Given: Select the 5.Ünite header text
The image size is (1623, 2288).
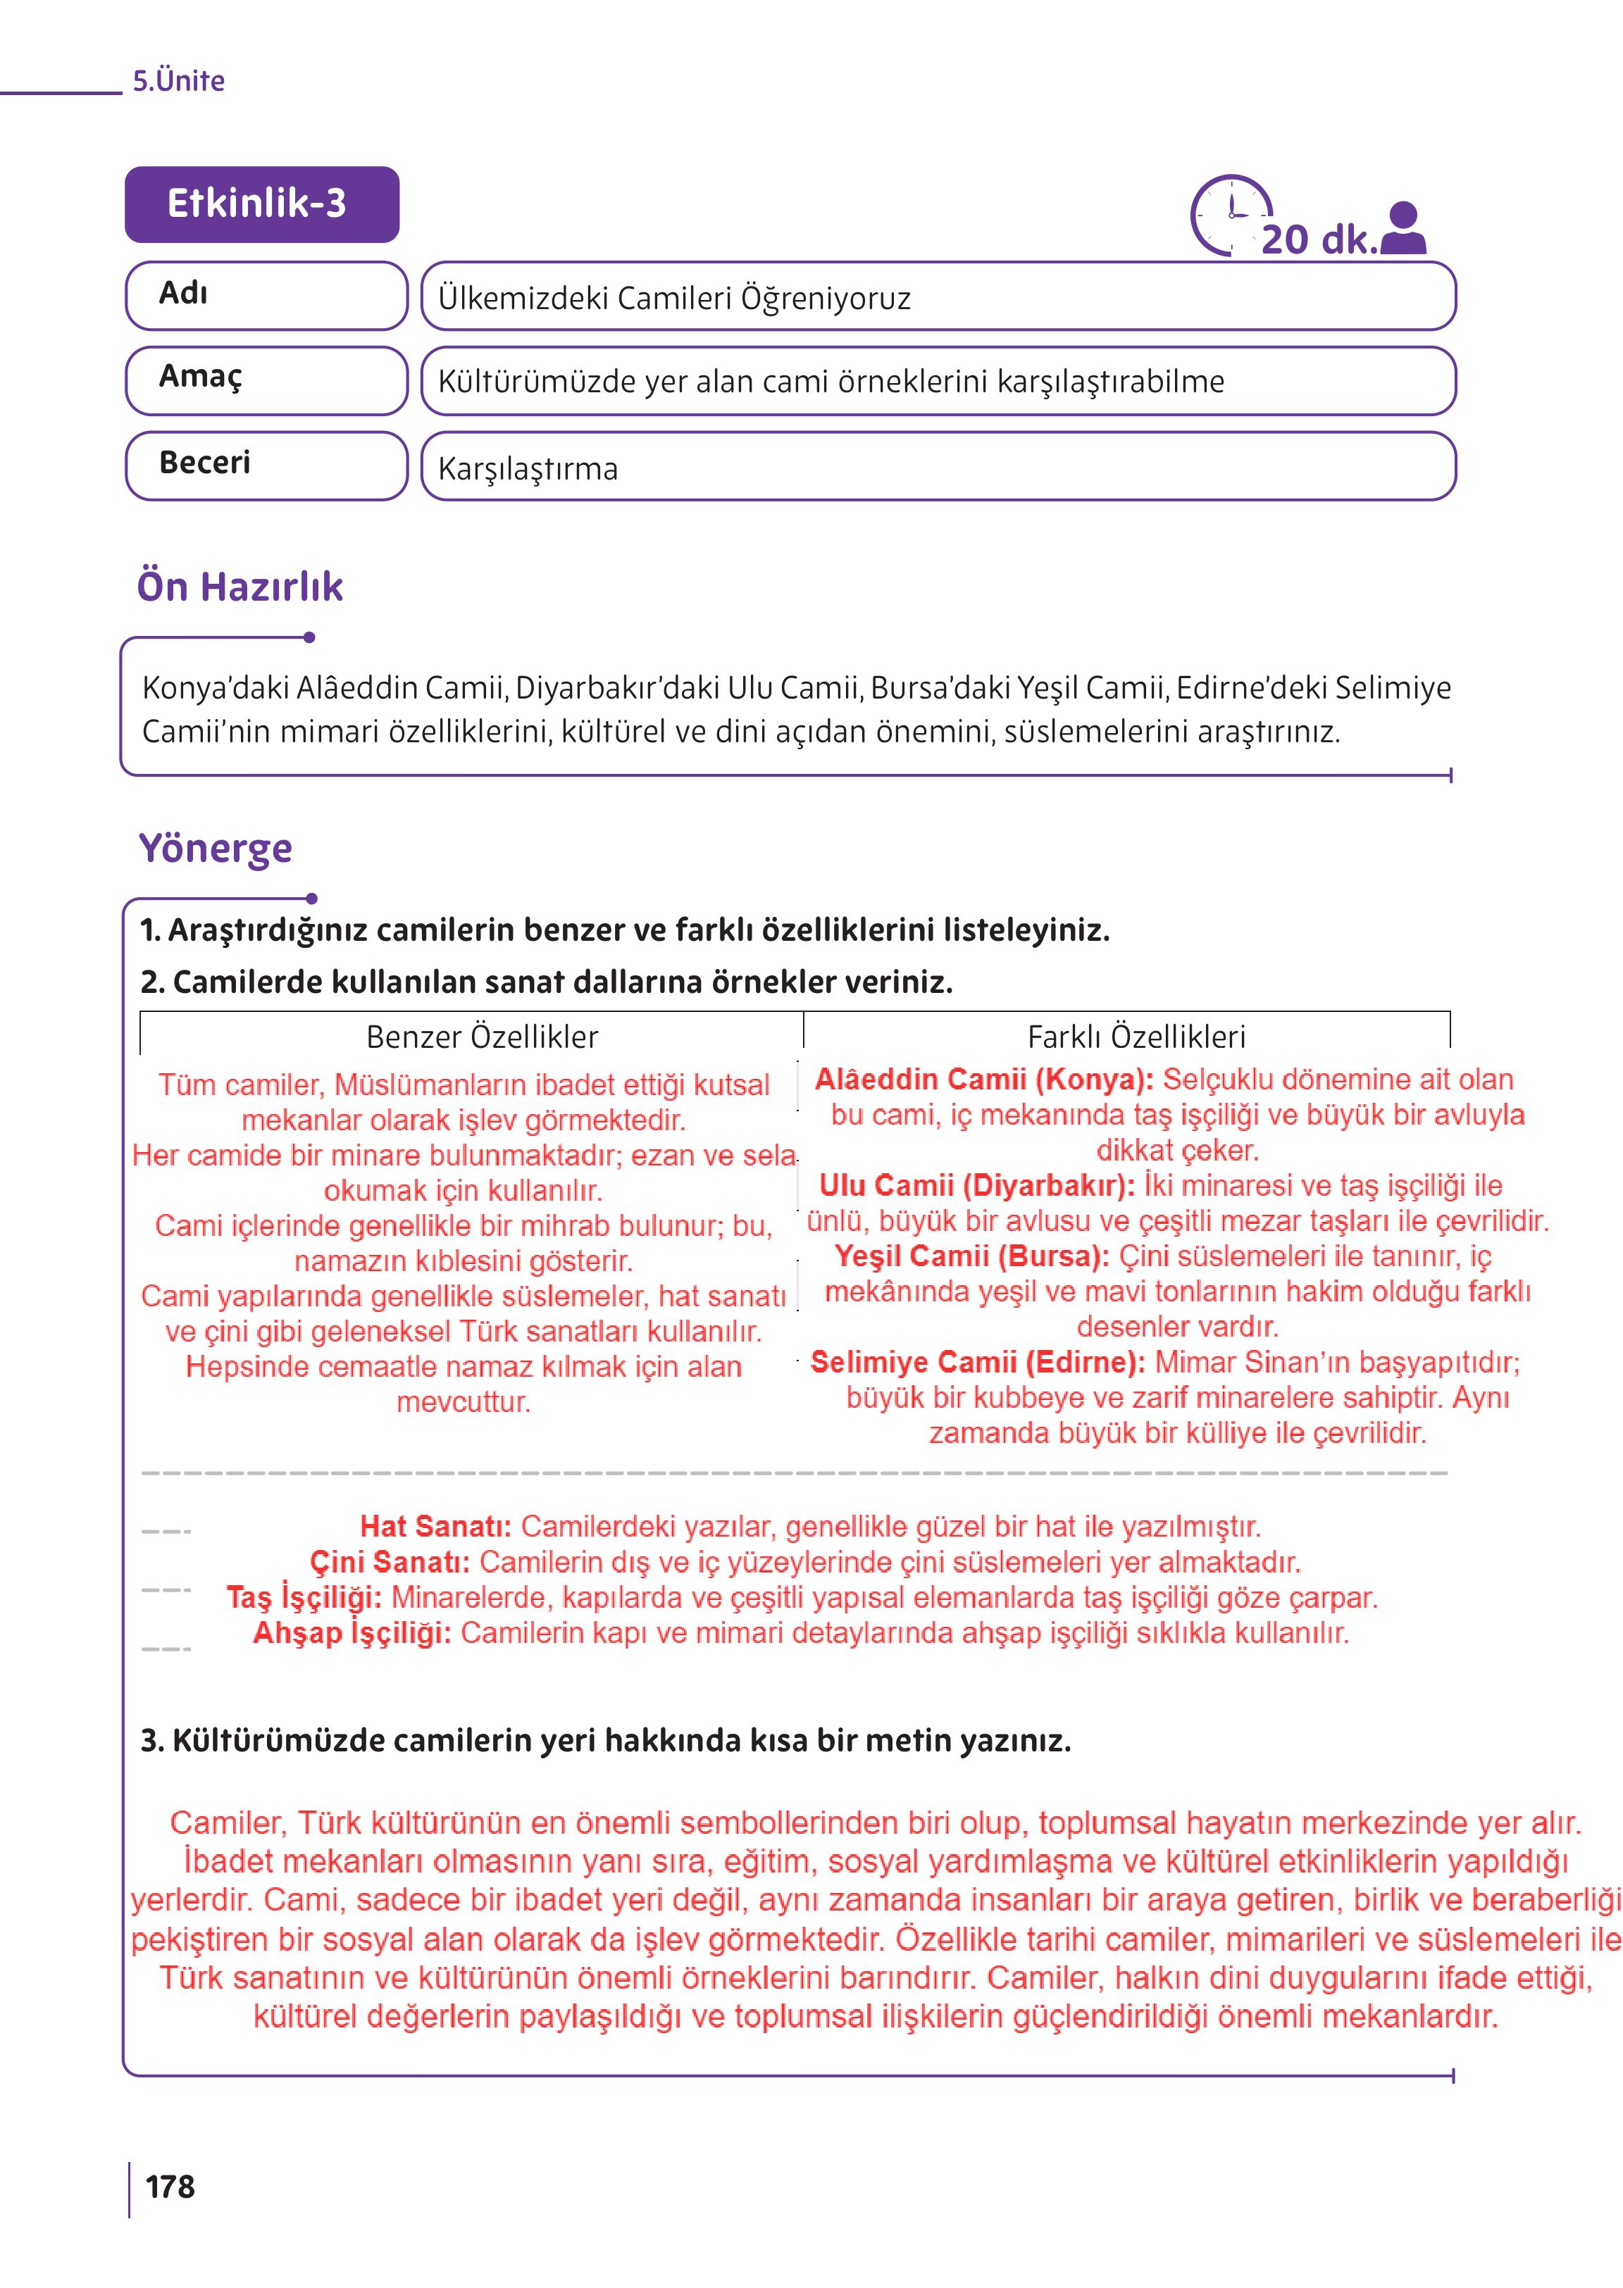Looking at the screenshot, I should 179,81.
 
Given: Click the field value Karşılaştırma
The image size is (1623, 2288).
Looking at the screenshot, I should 528,468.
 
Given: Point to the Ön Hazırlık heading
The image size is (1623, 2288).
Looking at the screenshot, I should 240,587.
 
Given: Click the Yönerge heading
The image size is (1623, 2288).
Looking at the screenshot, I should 215,849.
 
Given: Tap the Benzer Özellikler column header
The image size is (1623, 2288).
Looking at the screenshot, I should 482,1037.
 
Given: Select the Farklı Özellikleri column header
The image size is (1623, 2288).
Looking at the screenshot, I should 1136,1037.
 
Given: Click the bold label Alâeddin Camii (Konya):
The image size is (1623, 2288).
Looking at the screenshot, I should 983,1079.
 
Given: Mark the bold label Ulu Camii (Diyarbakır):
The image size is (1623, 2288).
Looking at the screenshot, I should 976,1186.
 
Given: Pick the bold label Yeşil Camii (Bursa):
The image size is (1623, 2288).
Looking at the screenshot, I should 971,1256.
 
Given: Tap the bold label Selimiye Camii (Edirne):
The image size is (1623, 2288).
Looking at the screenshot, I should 978,1362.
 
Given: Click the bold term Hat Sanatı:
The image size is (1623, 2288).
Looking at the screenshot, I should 436,1527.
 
